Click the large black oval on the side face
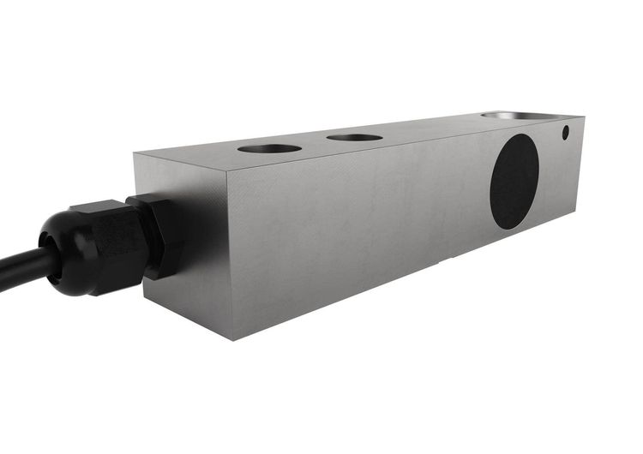click(514, 182)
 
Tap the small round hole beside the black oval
click(566, 134)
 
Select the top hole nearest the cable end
click(269, 148)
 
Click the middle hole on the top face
click(354, 137)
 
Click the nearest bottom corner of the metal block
click(232, 339)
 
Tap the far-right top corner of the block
click(585, 114)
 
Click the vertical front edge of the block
click(228, 257)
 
